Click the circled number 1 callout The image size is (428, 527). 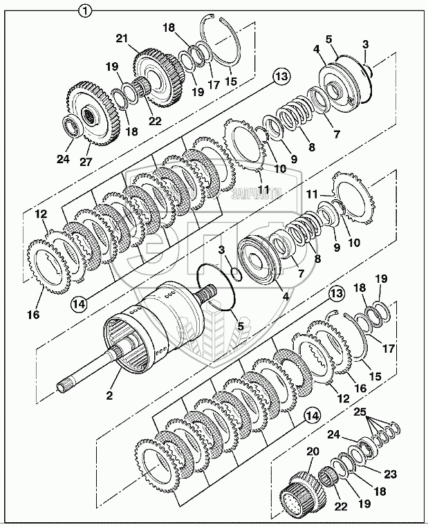pos(85,10)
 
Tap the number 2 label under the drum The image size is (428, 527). pos(110,395)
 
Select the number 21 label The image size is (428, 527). pos(122,38)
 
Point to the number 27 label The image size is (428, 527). pos(86,162)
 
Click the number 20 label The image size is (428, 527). pos(313,451)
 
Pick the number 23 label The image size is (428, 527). pos(389,474)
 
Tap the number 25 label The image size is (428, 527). pos(360,412)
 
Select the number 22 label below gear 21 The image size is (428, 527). pos(155,120)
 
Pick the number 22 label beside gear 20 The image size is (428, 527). pos(340,505)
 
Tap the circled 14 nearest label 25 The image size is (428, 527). pos(312,416)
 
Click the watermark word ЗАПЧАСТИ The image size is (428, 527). pos(258,192)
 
